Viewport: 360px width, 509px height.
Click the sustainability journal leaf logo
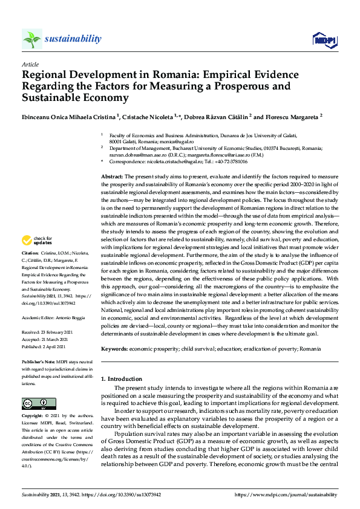pyautogui.click(x=32, y=39)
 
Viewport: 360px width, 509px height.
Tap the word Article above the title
pyautogui.click(x=30, y=64)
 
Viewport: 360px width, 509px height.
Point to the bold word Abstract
pyautogui.click(x=112, y=175)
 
